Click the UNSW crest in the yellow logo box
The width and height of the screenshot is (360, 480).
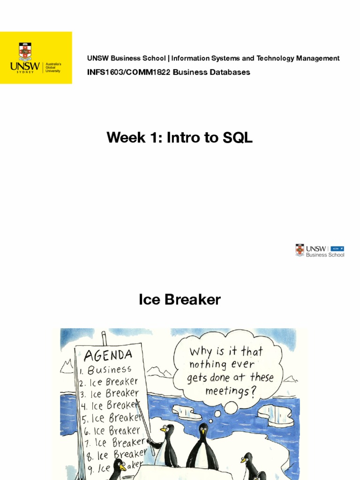(x=25, y=52)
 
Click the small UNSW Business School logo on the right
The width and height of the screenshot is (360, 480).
(x=320, y=251)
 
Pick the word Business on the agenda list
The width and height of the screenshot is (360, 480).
(x=110, y=370)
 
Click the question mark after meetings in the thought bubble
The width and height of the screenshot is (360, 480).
(x=257, y=390)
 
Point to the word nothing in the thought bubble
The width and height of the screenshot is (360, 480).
(x=209, y=364)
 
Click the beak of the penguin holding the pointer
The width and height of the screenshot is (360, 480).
(x=163, y=429)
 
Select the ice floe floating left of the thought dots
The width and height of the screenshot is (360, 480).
(x=187, y=412)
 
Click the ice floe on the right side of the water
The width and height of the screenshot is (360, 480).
(x=277, y=415)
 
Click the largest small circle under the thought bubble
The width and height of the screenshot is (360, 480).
(x=231, y=408)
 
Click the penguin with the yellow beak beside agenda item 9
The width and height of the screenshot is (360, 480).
(x=118, y=468)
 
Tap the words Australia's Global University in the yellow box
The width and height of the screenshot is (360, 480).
(x=52, y=67)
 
